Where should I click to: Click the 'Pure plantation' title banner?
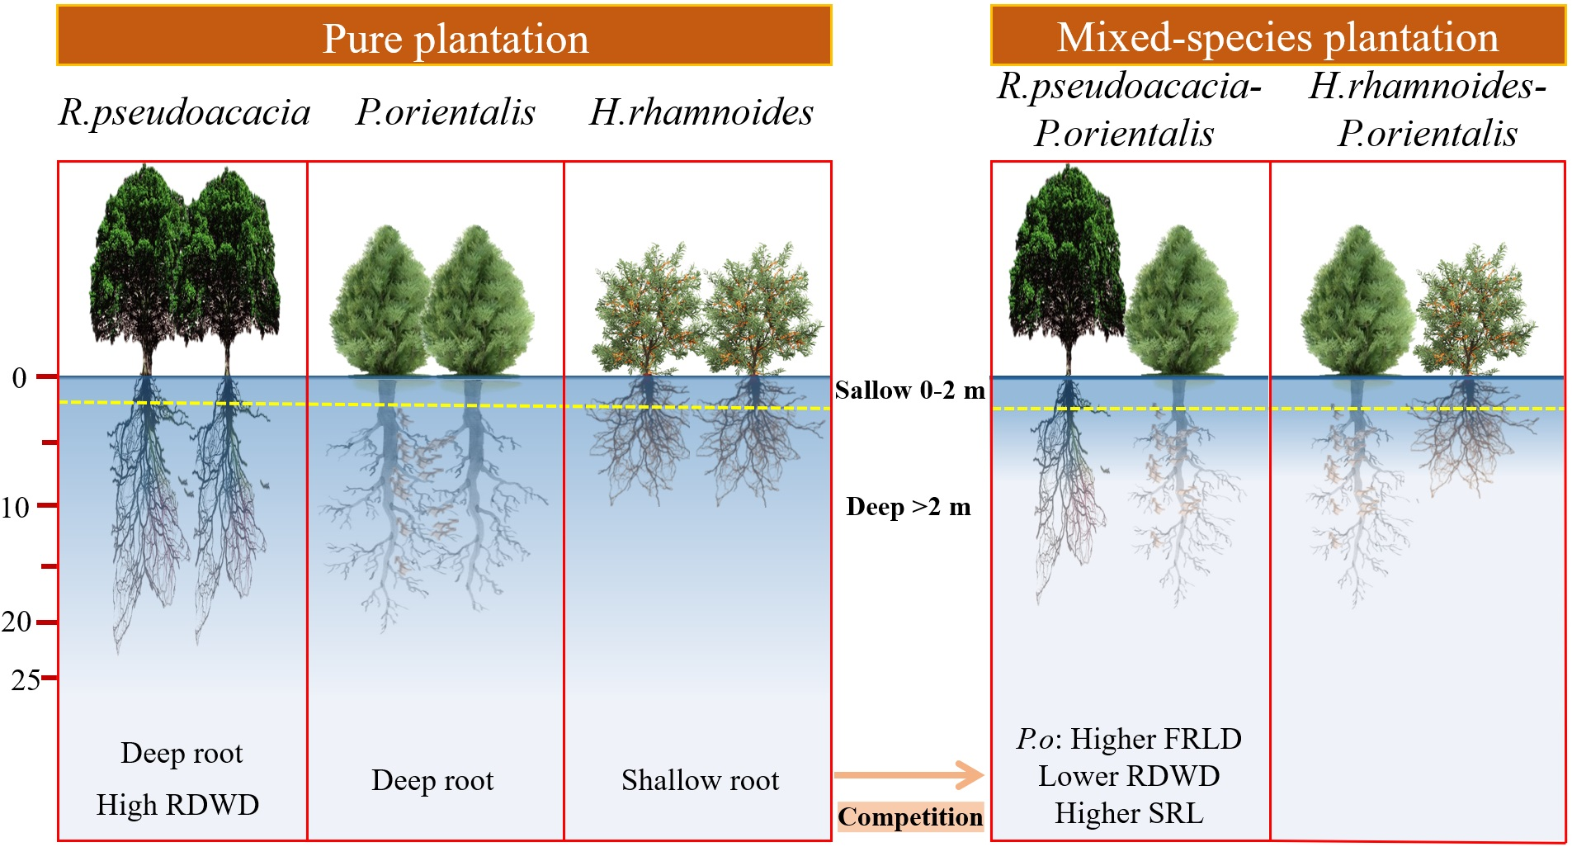point(444,36)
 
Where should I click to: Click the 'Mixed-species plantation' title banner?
point(1277,36)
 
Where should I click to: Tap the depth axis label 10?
point(16,507)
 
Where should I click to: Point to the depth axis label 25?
point(25,679)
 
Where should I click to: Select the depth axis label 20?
point(17,622)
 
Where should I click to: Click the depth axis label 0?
point(19,378)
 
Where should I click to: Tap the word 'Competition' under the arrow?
point(910,816)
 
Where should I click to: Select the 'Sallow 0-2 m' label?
point(909,390)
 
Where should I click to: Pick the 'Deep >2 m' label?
point(909,506)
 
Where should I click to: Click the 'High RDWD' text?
point(177,804)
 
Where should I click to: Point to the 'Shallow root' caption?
point(700,780)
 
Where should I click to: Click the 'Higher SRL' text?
point(1128,813)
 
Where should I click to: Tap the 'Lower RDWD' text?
point(1128,776)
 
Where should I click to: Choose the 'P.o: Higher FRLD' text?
point(1128,739)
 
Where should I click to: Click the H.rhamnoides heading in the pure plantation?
point(701,112)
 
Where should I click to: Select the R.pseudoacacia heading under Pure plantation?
point(184,112)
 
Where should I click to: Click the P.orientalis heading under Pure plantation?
point(446,112)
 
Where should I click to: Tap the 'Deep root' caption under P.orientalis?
point(432,780)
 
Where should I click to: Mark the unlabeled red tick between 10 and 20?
point(49,566)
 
